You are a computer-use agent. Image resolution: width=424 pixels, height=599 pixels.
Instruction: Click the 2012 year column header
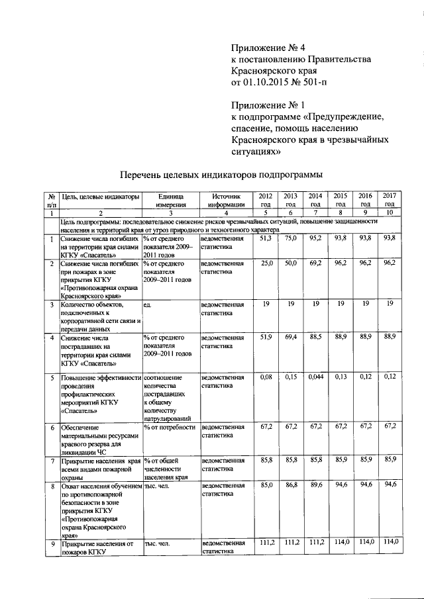(x=265, y=200)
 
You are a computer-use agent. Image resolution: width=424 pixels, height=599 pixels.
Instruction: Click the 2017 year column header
(x=390, y=200)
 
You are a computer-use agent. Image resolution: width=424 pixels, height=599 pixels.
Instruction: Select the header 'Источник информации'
(x=225, y=201)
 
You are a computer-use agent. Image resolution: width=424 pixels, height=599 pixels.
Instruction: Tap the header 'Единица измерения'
(x=170, y=201)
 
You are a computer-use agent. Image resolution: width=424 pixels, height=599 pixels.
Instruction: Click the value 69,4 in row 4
(x=290, y=338)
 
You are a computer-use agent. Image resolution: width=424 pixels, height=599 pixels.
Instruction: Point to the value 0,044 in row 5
(x=315, y=377)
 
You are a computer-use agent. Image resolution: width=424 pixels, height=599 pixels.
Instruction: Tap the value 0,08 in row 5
(x=266, y=377)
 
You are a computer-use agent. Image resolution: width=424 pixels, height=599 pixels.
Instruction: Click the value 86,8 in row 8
(x=290, y=492)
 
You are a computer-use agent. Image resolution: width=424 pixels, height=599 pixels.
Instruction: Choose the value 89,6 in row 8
(x=315, y=492)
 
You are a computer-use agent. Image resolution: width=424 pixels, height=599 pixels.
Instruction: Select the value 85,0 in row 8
(x=266, y=492)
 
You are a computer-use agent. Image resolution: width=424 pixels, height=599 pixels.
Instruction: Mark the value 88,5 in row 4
(x=315, y=338)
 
